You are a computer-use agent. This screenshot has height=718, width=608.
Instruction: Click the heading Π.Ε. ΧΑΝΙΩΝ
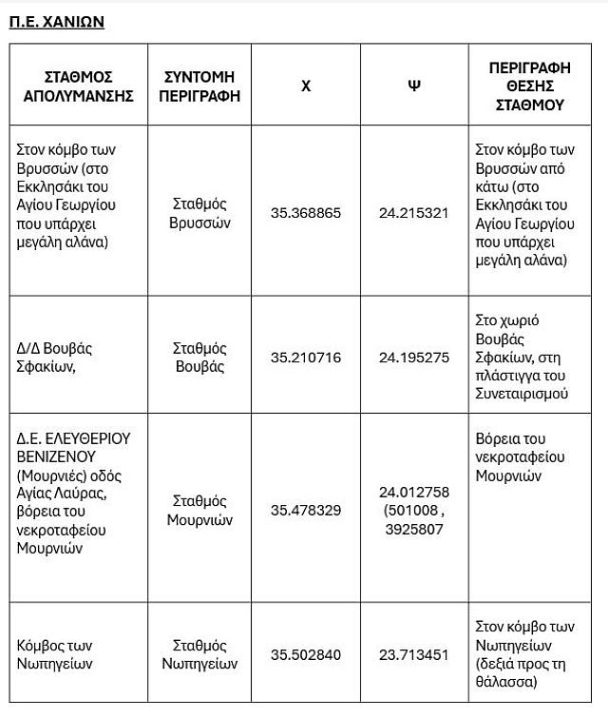[57, 22]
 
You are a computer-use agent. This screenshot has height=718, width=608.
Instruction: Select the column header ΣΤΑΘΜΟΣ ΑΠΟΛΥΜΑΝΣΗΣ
[78, 86]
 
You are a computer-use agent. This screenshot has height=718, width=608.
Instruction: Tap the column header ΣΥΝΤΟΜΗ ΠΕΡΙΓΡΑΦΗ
[200, 86]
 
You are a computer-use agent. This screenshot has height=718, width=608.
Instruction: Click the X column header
[306, 86]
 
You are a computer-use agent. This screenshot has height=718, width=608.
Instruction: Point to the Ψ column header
[413, 86]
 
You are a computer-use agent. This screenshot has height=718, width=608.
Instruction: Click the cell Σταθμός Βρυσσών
[200, 213]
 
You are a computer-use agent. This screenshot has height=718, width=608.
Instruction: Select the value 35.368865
[306, 213]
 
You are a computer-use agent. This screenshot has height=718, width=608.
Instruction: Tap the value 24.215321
[413, 213]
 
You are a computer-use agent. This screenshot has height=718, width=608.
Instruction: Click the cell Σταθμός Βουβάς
[200, 358]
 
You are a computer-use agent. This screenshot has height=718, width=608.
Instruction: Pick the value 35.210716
[306, 358]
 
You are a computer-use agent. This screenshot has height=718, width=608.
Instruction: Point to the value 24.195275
[413, 358]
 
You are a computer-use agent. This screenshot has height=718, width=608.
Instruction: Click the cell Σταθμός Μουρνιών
[200, 510]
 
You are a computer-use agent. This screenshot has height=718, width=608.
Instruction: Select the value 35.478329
[306, 510]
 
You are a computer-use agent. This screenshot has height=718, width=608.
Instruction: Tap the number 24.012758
[413, 492]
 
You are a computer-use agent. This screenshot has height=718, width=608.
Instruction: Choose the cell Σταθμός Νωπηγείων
[200, 654]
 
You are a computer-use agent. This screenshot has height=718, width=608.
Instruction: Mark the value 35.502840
[306, 654]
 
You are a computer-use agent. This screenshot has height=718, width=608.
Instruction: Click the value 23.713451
[413, 654]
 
